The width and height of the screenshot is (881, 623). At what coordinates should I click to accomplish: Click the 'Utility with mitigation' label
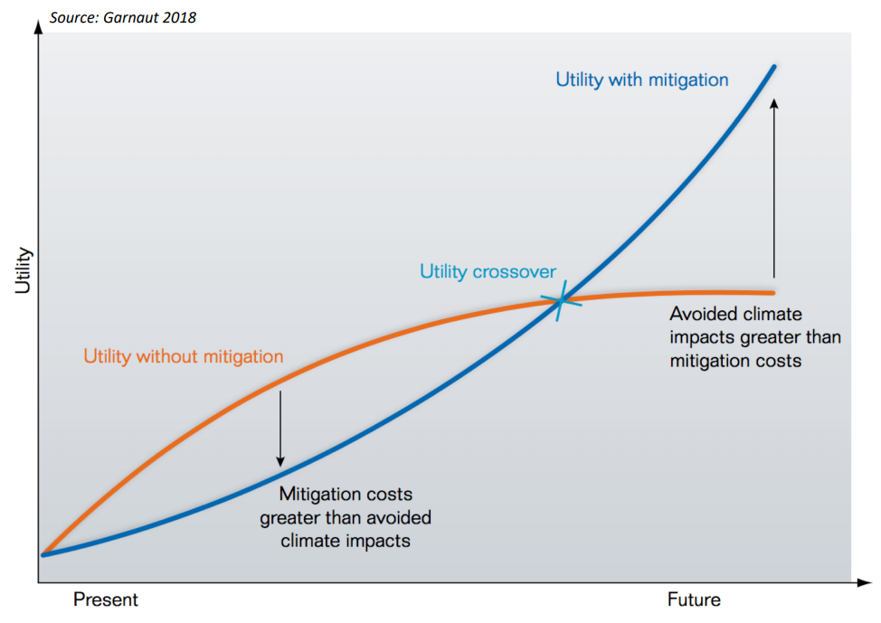point(641,80)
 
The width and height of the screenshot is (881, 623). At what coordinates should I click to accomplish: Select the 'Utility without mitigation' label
point(183,356)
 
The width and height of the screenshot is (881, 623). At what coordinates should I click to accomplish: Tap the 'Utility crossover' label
point(488,272)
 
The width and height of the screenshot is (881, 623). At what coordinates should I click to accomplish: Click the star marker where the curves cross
point(561,300)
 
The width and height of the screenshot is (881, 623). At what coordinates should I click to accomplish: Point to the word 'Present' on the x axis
point(106,599)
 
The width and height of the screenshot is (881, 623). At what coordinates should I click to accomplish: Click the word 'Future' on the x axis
point(694,599)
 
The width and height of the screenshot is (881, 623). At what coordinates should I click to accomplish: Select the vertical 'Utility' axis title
point(23,270)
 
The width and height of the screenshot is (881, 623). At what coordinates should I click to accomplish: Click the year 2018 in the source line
point(178,17)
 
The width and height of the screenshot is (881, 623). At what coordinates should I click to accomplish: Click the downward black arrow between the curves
point(280,426)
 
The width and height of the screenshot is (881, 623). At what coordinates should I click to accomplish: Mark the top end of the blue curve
point(773,66)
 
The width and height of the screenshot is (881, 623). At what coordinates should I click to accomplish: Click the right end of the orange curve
point(773,293)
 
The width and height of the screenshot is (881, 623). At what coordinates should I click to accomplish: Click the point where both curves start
point(43,553)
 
